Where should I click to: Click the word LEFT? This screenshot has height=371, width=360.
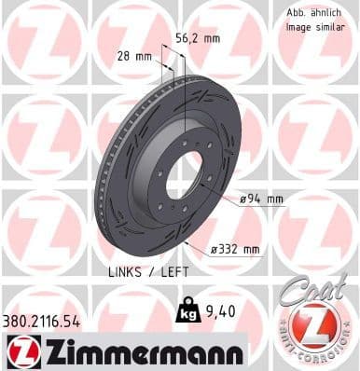pos(172,271)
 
